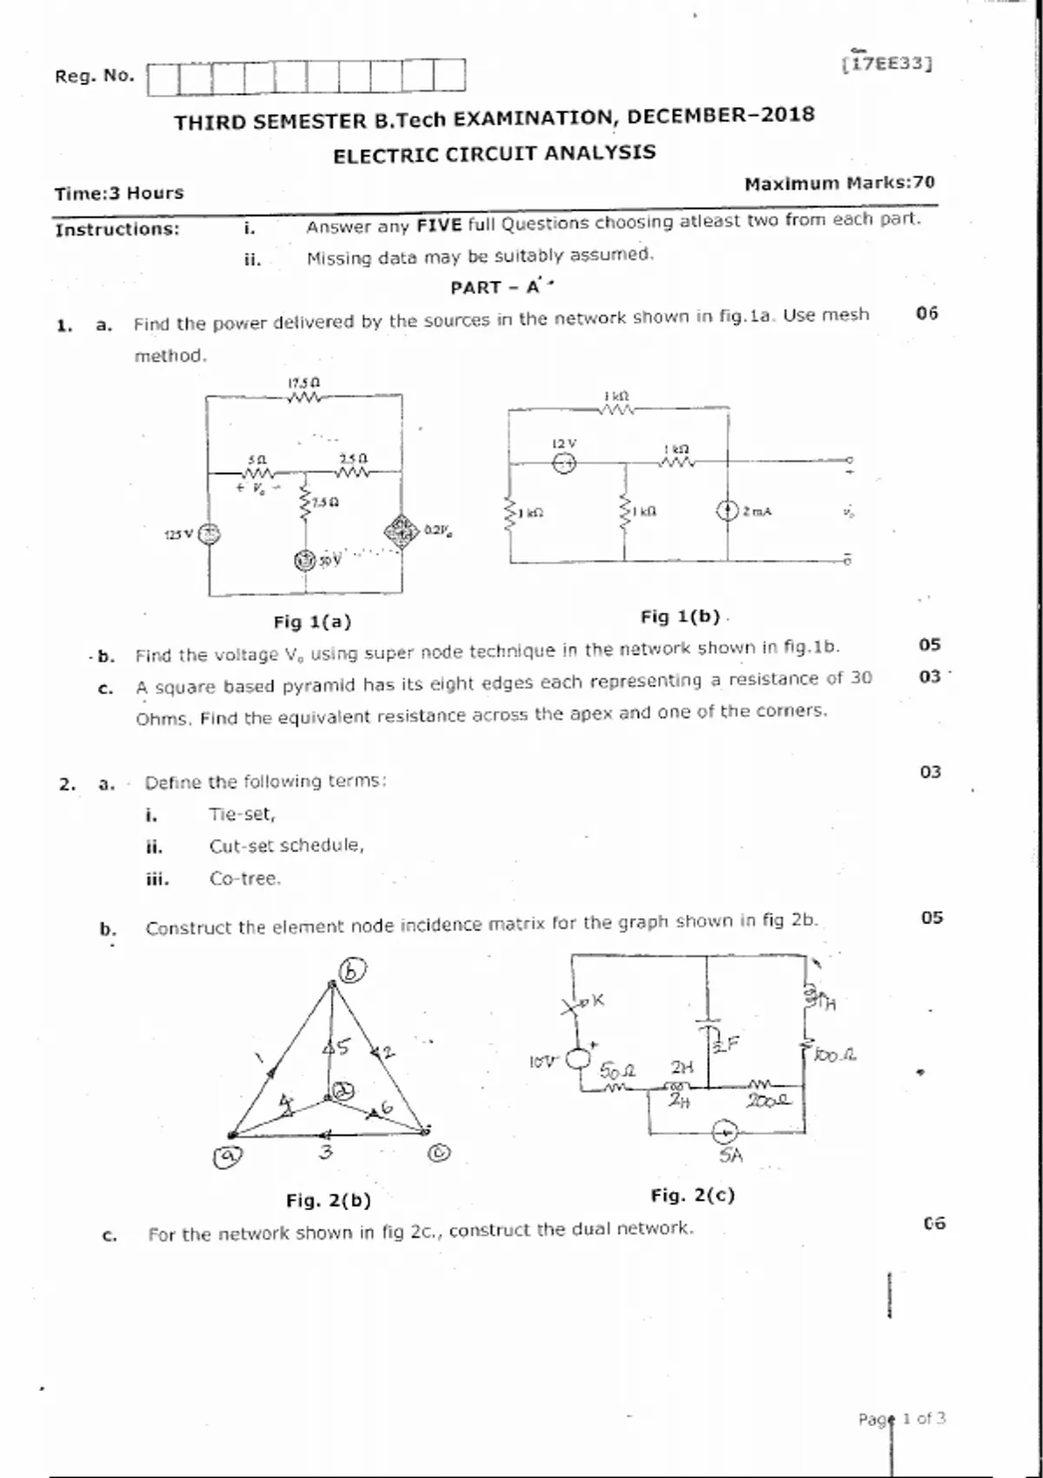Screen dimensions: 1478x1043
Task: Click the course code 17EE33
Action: [887, 63]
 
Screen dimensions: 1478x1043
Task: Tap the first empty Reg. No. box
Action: [163, 78]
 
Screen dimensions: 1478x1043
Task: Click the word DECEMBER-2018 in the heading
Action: [721, 116]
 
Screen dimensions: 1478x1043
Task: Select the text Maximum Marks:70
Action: [840, 183]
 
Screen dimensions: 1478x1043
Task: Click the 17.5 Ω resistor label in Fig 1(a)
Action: [304, 383]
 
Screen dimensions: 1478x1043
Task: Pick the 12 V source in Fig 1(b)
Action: [565, 463]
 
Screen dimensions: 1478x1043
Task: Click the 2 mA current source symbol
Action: [727, 511]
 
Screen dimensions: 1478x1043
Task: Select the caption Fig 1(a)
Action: [312, 622]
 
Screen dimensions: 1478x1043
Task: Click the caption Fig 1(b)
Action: [681, 616]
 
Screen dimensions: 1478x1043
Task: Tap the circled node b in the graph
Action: [353, 969]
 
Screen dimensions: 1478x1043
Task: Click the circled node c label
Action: [441, 1153]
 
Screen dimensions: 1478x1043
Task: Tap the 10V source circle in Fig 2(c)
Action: [578, 1059]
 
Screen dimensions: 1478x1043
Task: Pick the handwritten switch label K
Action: [597, 1001]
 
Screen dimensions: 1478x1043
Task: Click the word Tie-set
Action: [242, 815]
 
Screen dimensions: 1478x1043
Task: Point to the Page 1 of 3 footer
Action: [901, 1419]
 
